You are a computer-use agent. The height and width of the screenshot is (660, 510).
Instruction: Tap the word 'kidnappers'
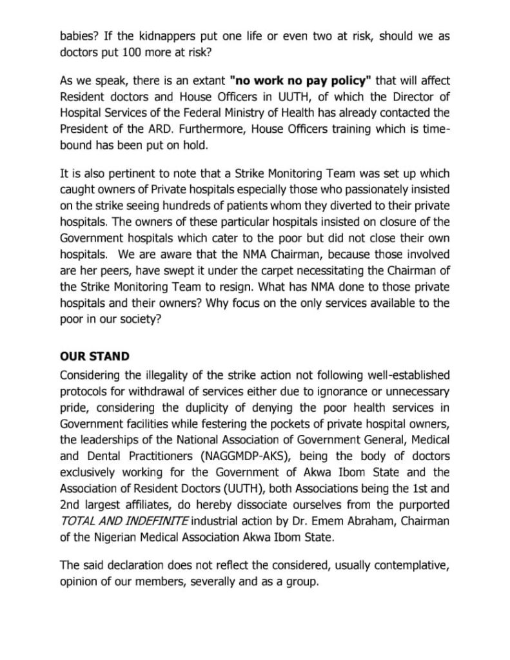coord(174,36)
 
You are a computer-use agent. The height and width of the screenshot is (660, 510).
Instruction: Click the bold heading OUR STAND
coord(95,356)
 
